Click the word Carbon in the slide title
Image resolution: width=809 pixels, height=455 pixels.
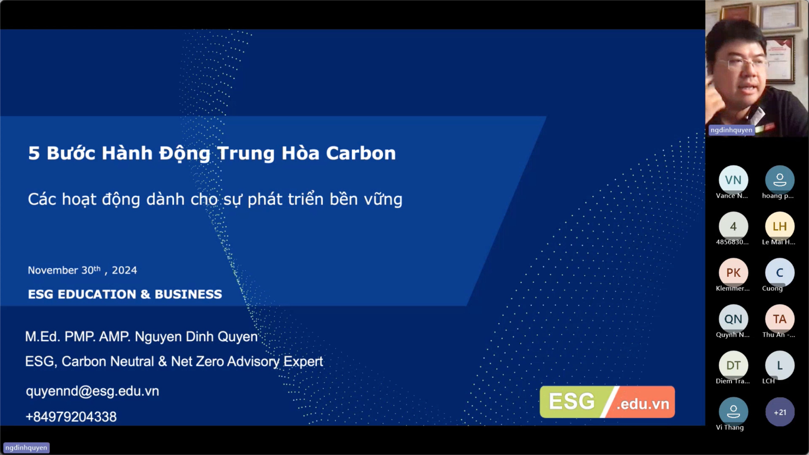[361, 153]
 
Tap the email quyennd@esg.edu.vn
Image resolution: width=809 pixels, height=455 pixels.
[93, 391]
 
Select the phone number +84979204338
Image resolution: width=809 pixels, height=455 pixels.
[71, 417]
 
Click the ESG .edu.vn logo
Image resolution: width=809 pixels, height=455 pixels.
[607, 402]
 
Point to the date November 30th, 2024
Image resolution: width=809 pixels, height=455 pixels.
[82, 270]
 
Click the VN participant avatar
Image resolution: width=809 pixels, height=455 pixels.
[733, 180]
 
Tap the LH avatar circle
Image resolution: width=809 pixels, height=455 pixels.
[780, 226]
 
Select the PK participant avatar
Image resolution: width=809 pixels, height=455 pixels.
[733, 273]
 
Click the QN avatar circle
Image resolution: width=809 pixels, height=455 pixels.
[733, 319]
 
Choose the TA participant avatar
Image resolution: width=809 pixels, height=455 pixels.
[780, 319]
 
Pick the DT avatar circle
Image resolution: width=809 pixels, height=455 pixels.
[733, 365]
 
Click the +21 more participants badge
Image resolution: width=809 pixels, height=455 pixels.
[780, 412]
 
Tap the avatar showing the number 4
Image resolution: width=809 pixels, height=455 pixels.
[733, 226]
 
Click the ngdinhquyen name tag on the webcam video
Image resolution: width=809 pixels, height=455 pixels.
[732, 130]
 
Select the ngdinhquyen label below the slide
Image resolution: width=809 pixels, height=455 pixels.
[26, 448]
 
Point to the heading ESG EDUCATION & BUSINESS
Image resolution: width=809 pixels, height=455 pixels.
[125, 294]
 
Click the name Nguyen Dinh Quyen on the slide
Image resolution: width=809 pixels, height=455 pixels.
[196, 337]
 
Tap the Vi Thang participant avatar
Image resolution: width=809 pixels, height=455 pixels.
[733, 412]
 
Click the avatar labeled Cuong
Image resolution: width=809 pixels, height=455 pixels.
[780, 273]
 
